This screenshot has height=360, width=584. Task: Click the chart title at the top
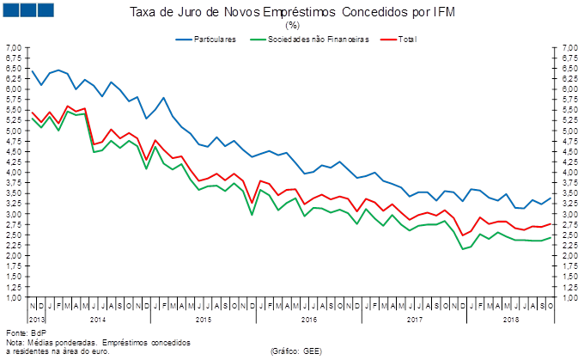click(x=291, y=12)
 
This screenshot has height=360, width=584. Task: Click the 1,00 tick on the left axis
click(x=14, y=297)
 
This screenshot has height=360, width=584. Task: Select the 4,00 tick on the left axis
click(x=14, y=173)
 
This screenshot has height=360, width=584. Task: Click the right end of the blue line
click(x=550, y=198)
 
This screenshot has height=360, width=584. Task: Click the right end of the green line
click(x=550, y=238)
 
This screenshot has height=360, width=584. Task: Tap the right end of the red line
click(x=550, y=223)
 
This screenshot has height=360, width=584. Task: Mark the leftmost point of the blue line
click(x=32, y=70)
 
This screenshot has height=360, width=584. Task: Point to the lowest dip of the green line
click(x=464, y=249)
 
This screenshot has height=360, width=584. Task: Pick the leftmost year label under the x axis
click(x=96, y=320)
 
